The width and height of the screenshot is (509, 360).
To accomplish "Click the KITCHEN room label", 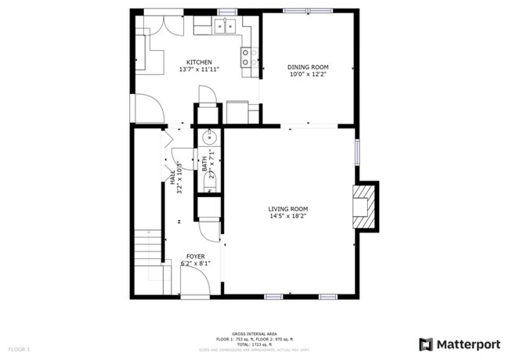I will click(198, 62).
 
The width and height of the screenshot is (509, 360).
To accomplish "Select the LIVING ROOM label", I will click(287, 209).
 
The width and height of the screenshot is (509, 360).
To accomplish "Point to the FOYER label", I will click(196, 257).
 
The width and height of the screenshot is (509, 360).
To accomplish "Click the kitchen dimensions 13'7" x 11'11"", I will click(198, 70).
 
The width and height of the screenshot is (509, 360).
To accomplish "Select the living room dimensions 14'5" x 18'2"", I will click(287, 217).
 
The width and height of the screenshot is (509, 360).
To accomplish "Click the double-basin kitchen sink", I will click(226, 27).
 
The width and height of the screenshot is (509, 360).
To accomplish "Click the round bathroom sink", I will click(209, 138).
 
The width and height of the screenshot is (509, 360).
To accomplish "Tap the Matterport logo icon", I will click(426, 344).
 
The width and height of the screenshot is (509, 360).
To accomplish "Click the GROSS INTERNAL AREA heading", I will click(254, 333).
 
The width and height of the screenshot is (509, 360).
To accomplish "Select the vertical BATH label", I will click(205, 164).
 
